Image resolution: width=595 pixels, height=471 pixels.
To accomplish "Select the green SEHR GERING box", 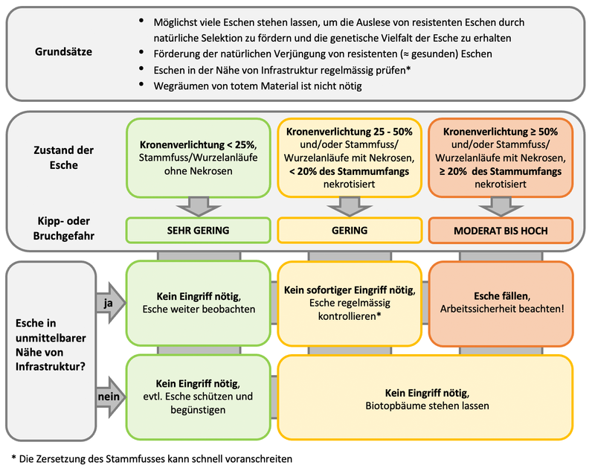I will tap(199, 231).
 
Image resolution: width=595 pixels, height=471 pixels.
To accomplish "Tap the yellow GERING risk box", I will tap(350, 231).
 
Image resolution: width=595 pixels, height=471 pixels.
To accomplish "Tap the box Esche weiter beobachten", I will tap(199, 303).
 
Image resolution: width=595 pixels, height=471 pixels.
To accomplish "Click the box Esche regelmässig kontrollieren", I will tap(350, 303).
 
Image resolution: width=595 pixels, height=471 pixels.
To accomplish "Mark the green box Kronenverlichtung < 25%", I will tap(199, 157).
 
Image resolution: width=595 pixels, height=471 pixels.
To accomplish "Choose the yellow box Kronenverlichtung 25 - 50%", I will tap(350, 157).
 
